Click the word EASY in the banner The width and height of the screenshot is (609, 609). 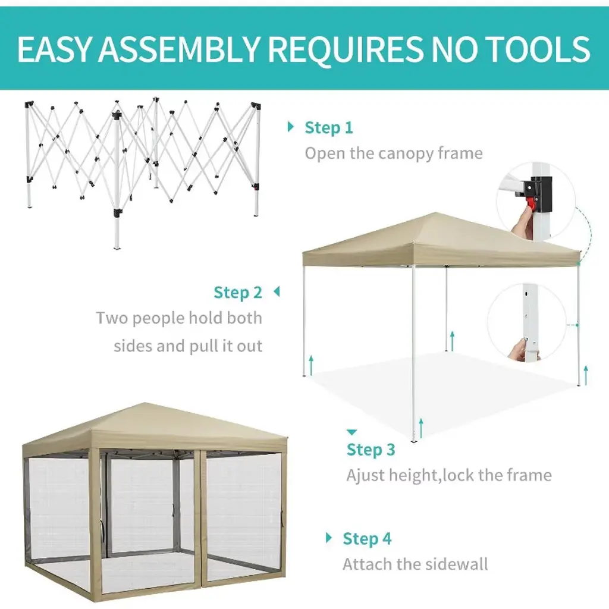click(x=54, y=49)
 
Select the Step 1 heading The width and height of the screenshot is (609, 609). click(x=328, y=128)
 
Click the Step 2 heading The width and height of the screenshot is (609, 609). click(x=238, y=293)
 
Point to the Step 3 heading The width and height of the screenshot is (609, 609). click(x=371, y=450)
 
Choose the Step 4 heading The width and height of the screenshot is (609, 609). click(x=366, y=539)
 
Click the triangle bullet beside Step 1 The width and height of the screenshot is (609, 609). click(x=290, y=127)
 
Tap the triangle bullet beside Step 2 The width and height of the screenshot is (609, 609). click(x=277, y=291)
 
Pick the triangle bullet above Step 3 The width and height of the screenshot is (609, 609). click(x=351, y=432)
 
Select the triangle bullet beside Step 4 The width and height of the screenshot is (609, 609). click(x=329, y=538)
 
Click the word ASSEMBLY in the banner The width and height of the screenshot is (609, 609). click(x=179, y=49)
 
